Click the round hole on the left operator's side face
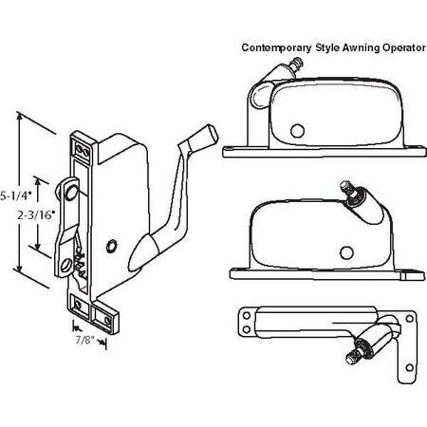114,246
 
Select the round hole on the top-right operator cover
297,130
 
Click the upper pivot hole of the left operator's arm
71,193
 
